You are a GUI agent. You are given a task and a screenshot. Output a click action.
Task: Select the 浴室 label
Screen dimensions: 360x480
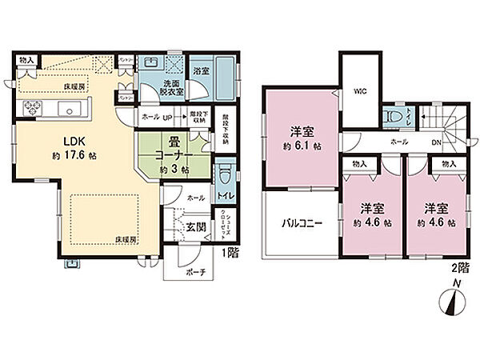pos(202,71)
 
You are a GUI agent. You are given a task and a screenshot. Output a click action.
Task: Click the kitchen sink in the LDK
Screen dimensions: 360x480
pos(67,110)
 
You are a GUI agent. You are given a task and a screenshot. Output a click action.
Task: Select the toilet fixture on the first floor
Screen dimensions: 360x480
pos(225,174)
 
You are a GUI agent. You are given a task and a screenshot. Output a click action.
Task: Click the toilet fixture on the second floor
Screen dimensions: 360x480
pos(393,116)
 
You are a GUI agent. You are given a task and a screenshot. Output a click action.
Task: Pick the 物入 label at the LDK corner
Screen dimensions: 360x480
pos(26,60)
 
